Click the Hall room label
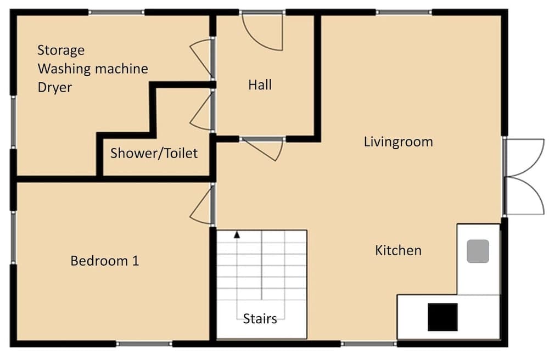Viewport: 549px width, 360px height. pos(260,85)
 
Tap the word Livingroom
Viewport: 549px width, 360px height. pos(398,142)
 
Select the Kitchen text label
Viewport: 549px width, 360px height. pos(398,251)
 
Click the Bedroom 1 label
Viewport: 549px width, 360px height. pos(104,261)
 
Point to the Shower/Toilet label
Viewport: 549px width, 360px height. pos(154,153)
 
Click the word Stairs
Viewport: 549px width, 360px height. pos(260,318)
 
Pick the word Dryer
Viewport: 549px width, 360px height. pos(55,87)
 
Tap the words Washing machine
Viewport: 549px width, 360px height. pos(93,69)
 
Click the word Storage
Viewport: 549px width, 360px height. pos(61,50)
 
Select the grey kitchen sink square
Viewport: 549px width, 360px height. pos(477,251)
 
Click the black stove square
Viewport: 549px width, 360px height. pos(442,317)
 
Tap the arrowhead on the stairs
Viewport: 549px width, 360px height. pos(237,235)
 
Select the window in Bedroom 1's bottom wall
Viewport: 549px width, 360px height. pos(144,344)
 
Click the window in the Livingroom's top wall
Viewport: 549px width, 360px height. pos(404,12)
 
